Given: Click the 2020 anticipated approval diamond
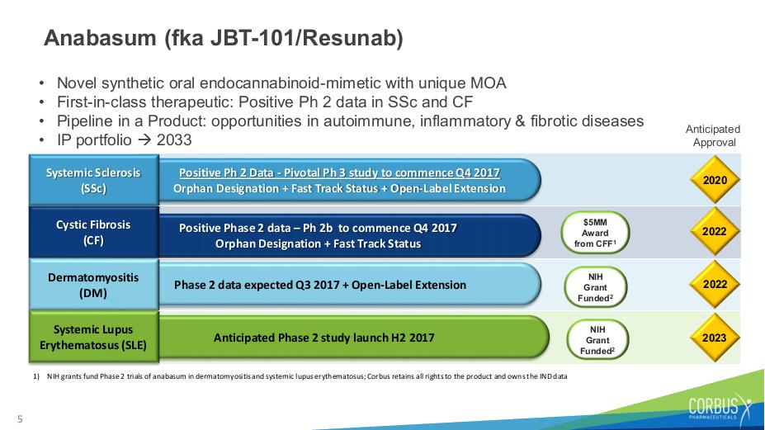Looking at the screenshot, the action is tap(715, 180).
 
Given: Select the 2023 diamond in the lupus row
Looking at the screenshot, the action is tap(715, 338).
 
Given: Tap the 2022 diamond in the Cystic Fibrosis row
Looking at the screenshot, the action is tap(715, 231).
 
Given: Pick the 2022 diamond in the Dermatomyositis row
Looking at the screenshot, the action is tap(715, 284).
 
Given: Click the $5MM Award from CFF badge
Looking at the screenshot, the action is tap(595, 233).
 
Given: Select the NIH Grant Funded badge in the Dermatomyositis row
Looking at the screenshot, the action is tap(595, 287).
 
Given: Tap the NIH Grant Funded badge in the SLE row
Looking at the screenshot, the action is tap(597, 340).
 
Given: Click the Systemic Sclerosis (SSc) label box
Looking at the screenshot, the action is tap(94, 180).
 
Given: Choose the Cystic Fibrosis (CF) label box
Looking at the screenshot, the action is tap(94, 232).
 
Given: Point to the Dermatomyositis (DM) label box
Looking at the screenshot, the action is tap(94, 285).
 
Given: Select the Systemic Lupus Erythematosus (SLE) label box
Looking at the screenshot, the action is tap(94, 338).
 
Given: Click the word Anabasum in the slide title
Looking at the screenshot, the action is tap(100, 38).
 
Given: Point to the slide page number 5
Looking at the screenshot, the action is tap(20, 418).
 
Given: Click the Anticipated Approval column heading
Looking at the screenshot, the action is tap(713, 135).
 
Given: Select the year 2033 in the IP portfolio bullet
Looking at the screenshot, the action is tap(174, 140).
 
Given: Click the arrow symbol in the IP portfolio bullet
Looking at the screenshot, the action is tap(144, 140).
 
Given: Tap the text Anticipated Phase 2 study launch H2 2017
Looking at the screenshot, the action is tap(324, 338).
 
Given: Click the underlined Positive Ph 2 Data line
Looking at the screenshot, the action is tap(339, 172).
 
